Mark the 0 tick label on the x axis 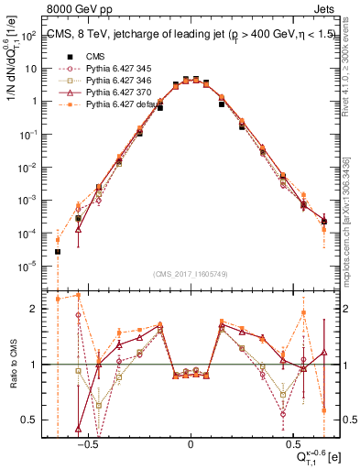click(191, 442)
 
